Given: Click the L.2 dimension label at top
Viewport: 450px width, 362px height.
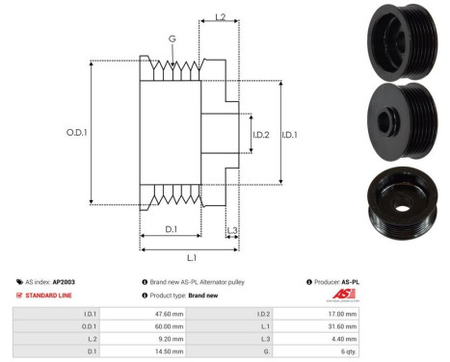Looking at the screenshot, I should tap(220, 17).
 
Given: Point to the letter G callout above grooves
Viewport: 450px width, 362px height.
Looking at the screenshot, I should tap(172, 39).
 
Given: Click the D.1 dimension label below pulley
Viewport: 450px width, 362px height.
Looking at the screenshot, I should tap(171, 228).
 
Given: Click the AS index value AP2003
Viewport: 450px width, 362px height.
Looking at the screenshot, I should tap(64, 282).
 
